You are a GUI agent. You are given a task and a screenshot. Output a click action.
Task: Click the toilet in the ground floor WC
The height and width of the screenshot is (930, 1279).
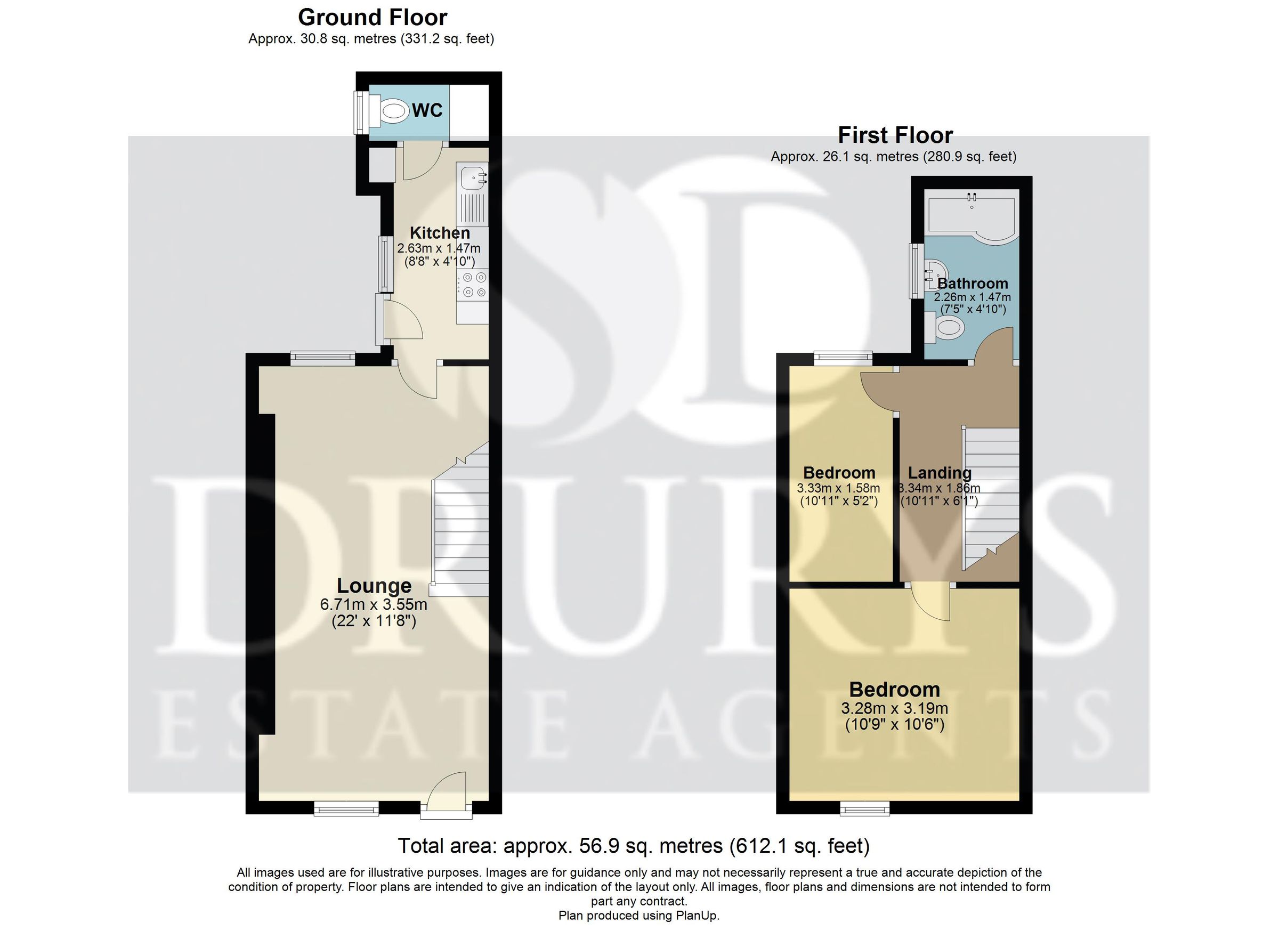393,111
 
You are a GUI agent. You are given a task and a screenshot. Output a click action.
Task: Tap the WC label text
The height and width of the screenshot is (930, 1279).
427,111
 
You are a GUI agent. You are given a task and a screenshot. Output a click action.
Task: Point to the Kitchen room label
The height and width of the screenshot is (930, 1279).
439,233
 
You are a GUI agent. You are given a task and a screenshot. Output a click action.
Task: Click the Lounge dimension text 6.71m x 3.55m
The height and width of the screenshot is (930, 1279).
374,604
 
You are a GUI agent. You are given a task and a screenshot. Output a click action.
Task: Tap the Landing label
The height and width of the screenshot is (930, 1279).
940,473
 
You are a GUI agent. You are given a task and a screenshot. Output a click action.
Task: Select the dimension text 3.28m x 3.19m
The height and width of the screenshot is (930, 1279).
894,708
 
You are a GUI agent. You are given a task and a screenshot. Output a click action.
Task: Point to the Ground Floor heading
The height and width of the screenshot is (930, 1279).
372,18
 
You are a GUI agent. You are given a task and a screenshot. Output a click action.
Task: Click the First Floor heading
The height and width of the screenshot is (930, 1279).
895,135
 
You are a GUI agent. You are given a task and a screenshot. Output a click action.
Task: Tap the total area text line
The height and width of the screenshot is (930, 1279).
634,846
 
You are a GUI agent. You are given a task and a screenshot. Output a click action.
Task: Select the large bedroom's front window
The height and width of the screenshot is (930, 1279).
864,810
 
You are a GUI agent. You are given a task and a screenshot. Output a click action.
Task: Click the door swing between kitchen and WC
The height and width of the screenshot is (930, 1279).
420,162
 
